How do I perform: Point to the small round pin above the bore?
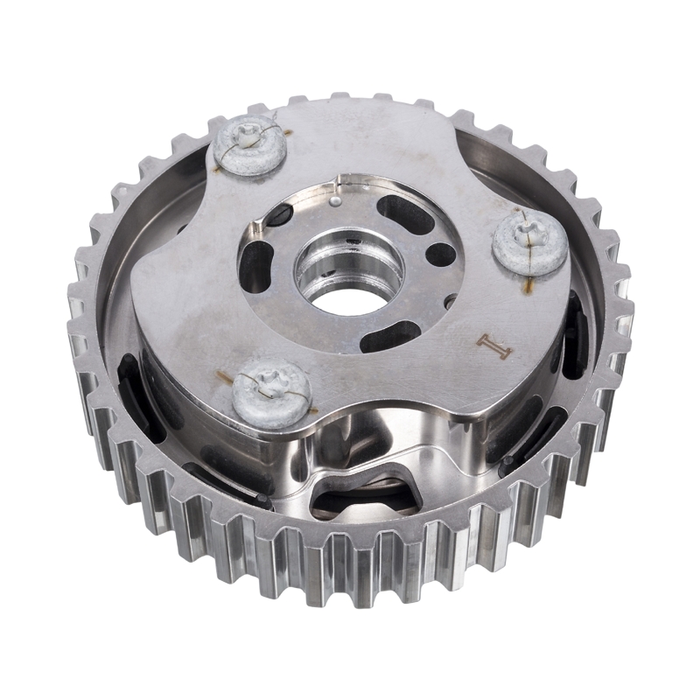click(333, 202)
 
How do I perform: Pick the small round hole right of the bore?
click(441, 255)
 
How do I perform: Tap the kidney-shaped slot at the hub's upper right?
click(405, 211)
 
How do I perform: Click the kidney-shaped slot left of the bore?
click(256, 264)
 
